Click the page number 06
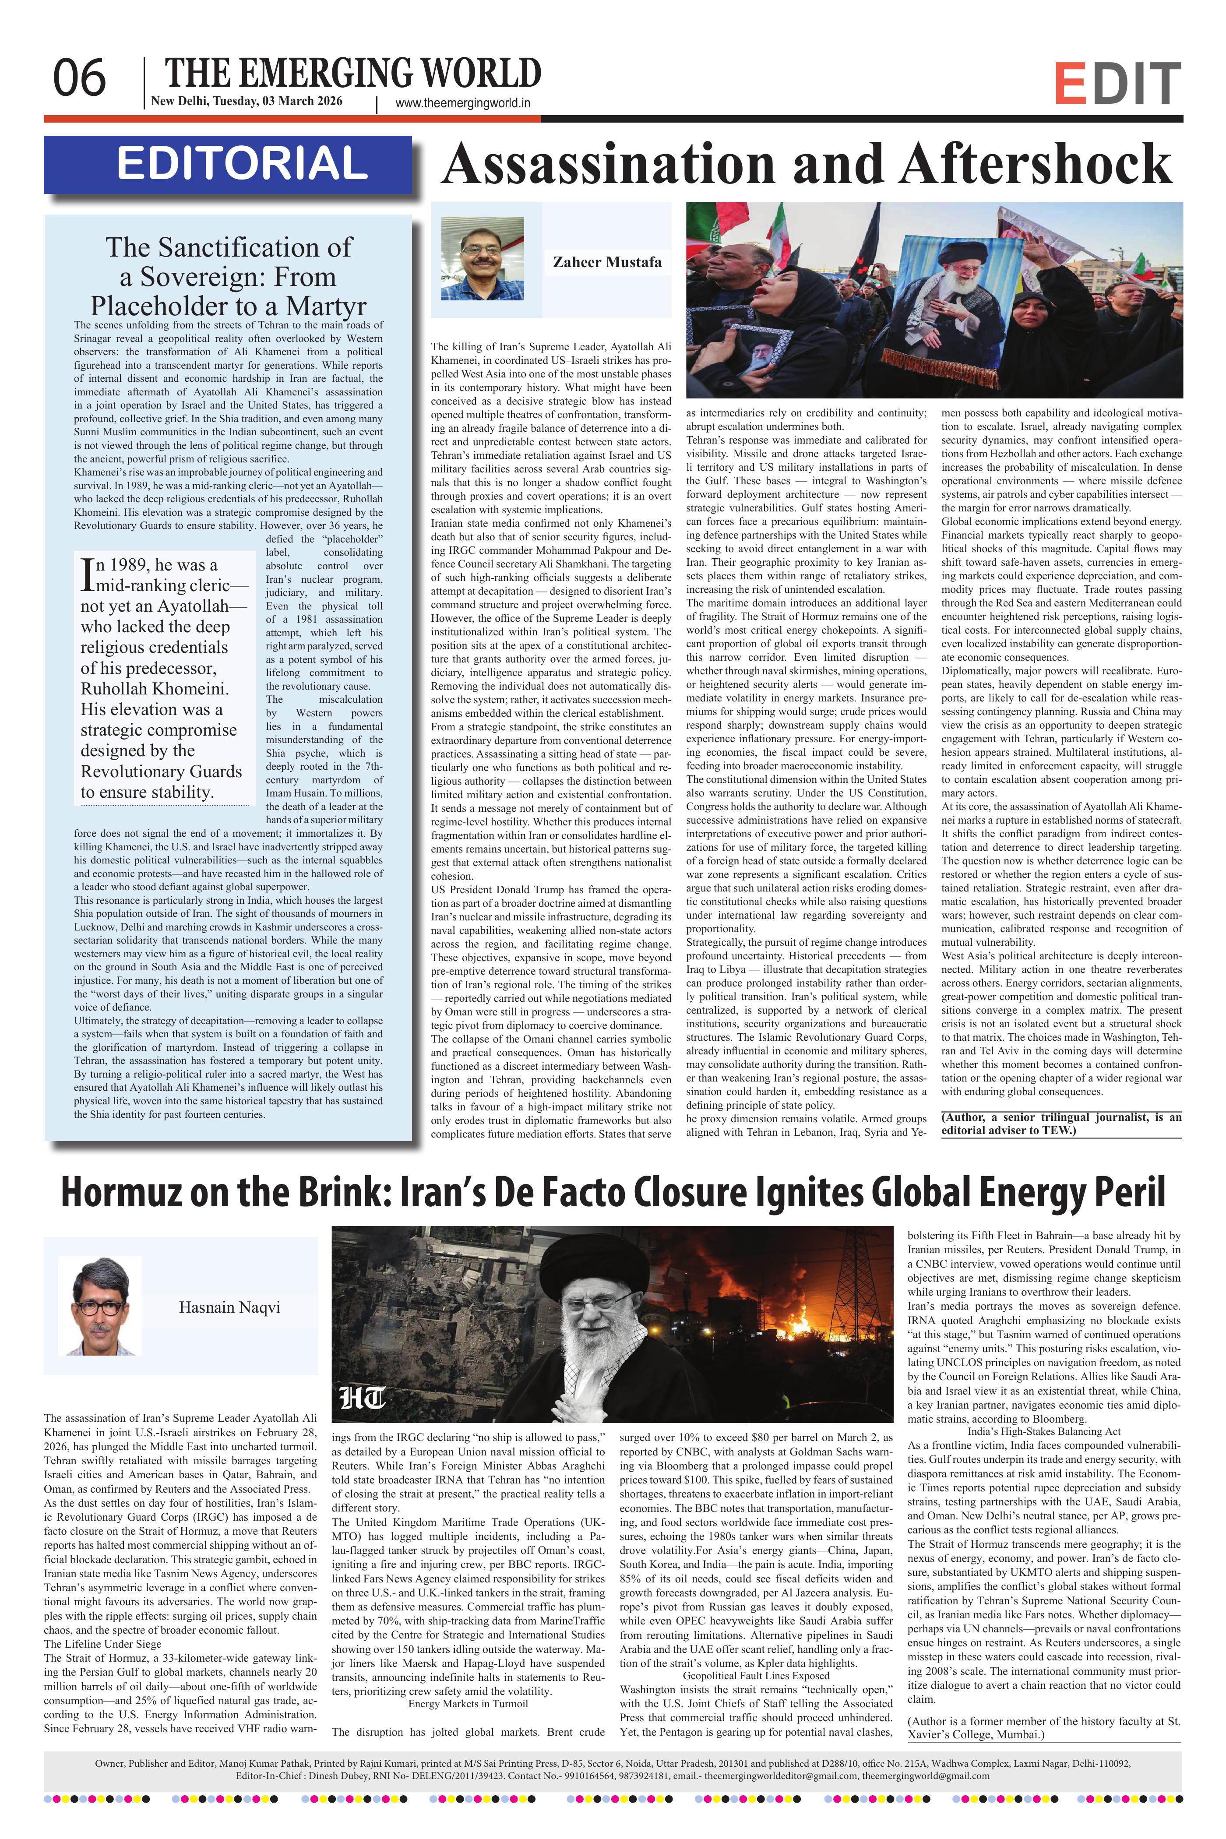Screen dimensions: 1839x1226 [79, 79]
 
